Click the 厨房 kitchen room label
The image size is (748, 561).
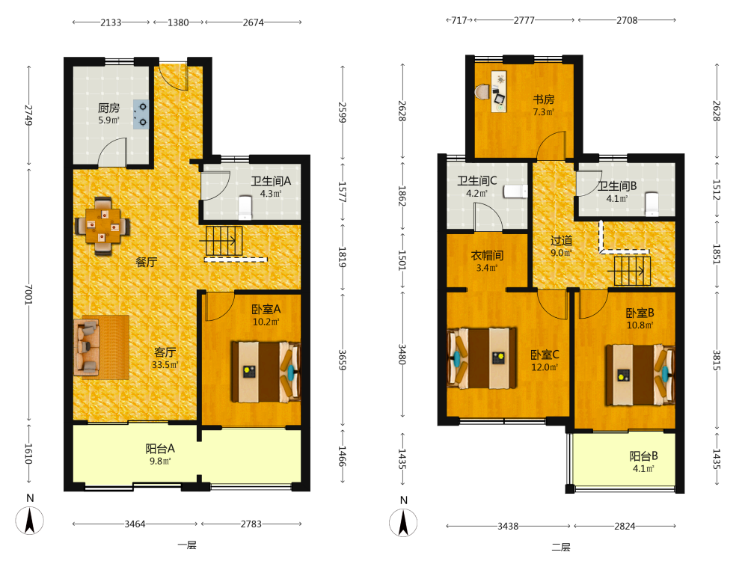(x=108, y=108)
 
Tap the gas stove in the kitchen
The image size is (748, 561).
(x=141, y=114)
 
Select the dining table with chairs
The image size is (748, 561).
(x=102, y=226)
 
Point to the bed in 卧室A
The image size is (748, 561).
(x=266, y=372)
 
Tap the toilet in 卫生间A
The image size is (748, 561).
(x=245, y=207)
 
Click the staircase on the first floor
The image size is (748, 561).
(x=224, y=241)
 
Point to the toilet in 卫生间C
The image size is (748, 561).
(x=515, y=191)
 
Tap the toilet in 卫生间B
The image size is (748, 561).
(x=652, y=204)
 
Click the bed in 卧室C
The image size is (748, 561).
(x=482, y=358)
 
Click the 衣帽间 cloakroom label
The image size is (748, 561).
(x=487, y=255)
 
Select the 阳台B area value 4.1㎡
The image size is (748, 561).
(x=643, y=468)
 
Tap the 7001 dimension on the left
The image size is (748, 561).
(x=28, y=294)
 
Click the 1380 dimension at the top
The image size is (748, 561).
(x=178, y=22)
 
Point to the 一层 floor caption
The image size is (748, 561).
(x=187, y=545)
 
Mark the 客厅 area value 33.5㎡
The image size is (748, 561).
(x=165, y=365)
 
